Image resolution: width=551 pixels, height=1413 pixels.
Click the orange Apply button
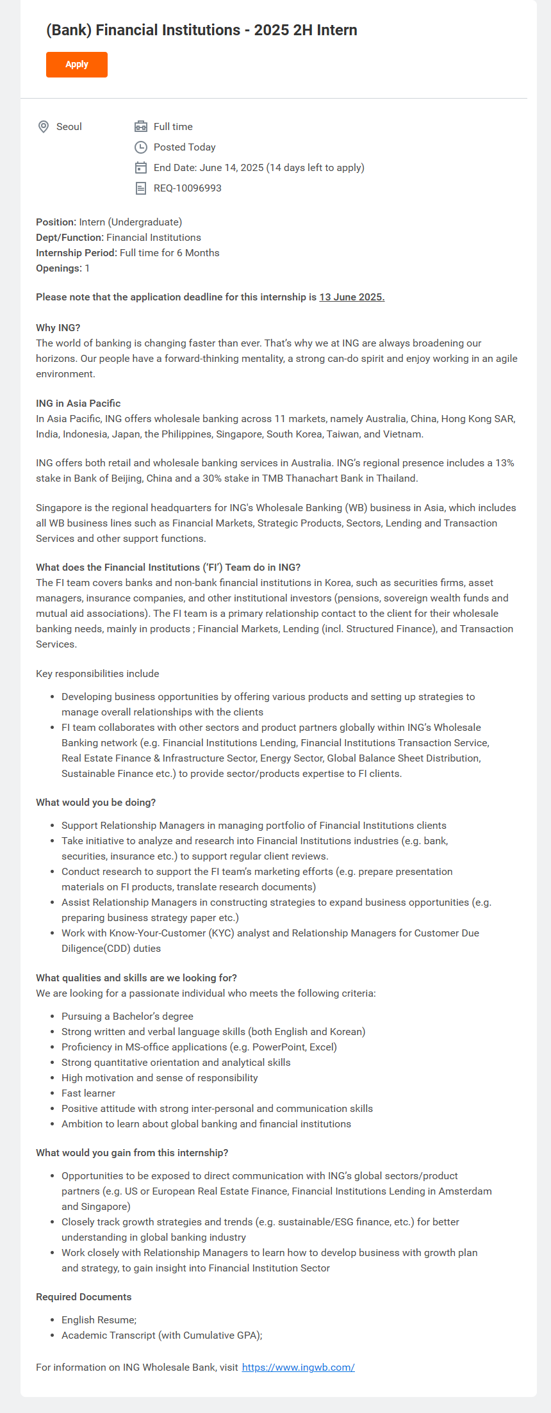77,65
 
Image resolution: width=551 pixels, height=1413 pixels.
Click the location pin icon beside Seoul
44,127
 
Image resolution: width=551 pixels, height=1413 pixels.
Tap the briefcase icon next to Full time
141,127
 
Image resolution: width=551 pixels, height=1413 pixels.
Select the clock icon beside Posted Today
141,147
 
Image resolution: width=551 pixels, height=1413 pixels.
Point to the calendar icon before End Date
141,168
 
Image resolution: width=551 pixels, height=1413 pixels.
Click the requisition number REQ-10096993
187,188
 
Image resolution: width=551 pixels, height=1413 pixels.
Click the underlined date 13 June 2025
352,297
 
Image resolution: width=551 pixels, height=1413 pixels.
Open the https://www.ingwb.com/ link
298,1368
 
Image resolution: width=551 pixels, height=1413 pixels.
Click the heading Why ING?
58,328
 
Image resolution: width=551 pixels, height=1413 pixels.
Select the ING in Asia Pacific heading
78,404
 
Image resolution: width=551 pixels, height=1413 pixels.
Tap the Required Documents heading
83,1297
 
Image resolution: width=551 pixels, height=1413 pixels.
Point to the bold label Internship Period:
76,253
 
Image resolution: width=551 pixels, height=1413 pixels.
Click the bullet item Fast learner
88,1093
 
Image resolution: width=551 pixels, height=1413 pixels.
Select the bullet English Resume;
99,1320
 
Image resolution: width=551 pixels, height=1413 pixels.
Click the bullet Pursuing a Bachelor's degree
127,1017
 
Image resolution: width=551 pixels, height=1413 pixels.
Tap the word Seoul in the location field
69,127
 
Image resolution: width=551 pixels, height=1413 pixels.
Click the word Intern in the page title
336,30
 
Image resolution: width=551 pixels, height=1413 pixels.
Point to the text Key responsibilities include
97,674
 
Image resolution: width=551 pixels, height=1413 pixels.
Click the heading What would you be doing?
95,803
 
